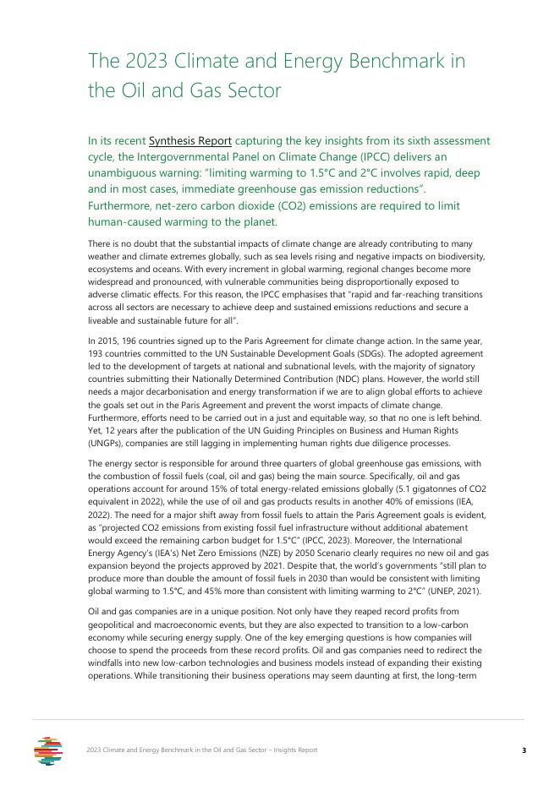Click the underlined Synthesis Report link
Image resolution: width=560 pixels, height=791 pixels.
coord(189,140)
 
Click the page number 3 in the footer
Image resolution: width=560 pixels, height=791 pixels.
coord(524,750)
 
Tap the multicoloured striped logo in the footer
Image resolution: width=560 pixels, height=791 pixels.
coord(49,750)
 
